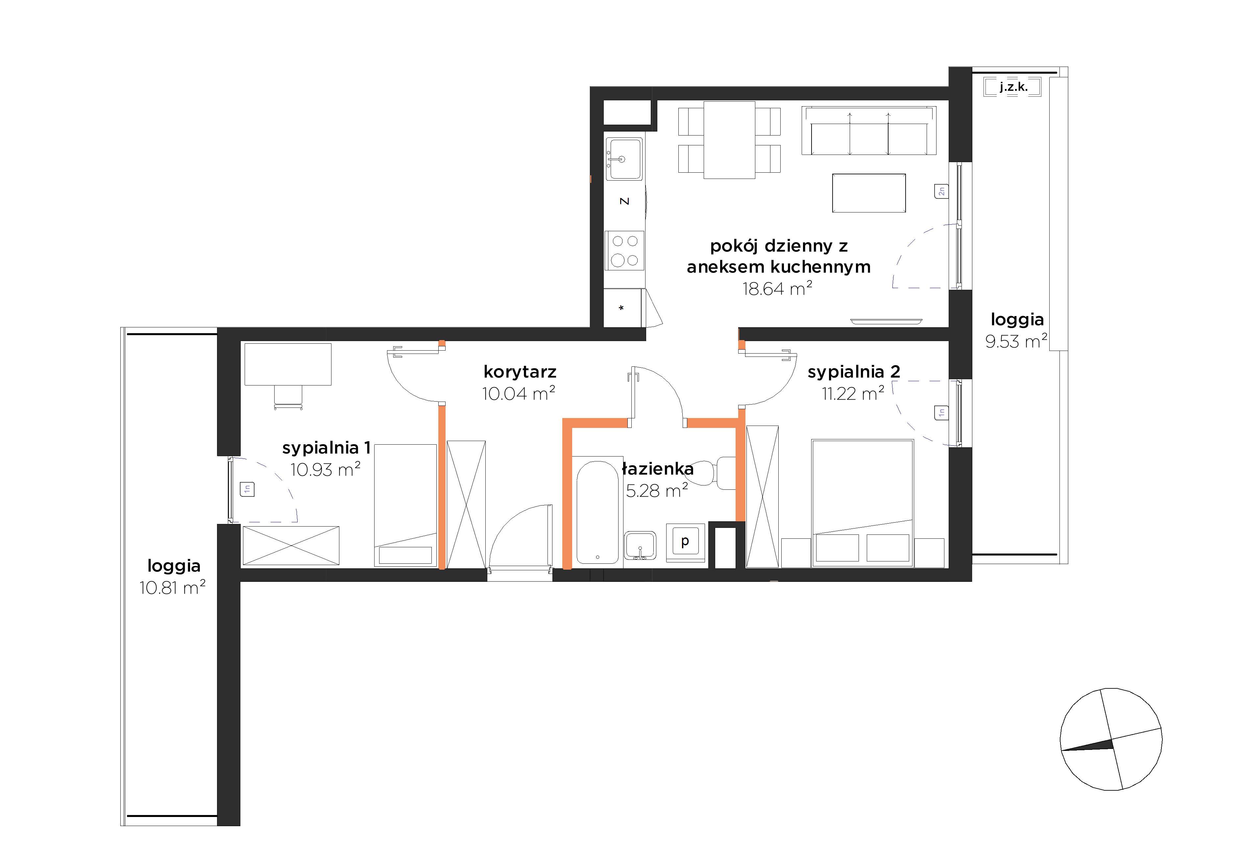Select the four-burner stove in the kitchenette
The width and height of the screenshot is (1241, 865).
625,250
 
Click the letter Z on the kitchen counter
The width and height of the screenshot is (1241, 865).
624,201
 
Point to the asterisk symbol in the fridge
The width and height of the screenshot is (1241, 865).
621,308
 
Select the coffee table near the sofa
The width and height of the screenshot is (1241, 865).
868,193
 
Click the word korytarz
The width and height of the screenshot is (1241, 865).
520,372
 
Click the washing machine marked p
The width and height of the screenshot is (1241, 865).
685,542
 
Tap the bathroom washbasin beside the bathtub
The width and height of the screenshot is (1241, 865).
641,546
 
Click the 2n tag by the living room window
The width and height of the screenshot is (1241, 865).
941,191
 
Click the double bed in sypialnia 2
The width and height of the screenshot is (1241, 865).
863,503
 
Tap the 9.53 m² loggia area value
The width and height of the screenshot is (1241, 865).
1016,341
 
